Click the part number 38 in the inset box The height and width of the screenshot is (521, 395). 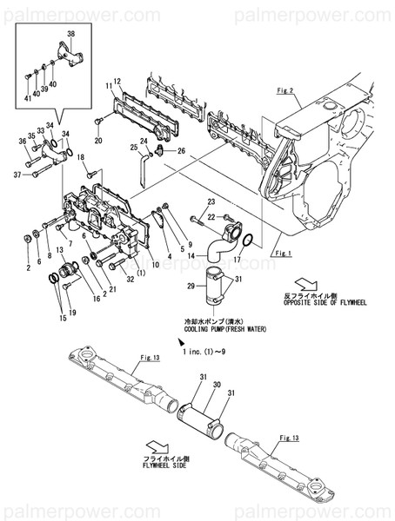(71, 33)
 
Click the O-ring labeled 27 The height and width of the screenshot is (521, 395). (247, 239)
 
